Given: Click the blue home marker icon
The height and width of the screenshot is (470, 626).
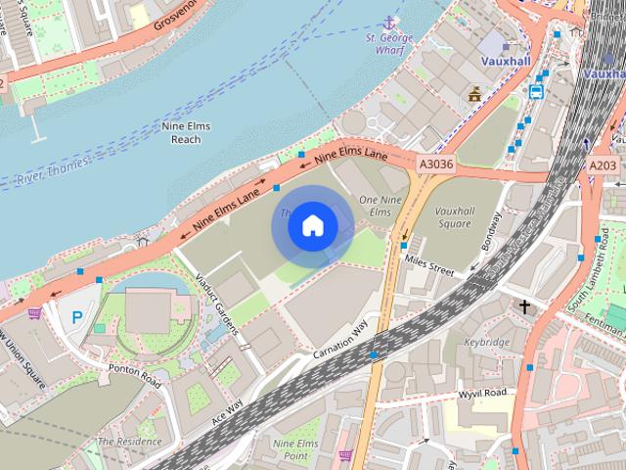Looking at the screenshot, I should click(x=312, y=226).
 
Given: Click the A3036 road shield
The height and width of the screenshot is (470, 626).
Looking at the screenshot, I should click(x=434, y=164).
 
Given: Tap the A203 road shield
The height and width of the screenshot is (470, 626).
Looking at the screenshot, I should click(x=603, y=165).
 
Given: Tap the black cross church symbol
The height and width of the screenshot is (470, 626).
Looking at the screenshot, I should click(x=524, y=307).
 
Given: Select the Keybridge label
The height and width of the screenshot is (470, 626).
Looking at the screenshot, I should click(x=487, y=344).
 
